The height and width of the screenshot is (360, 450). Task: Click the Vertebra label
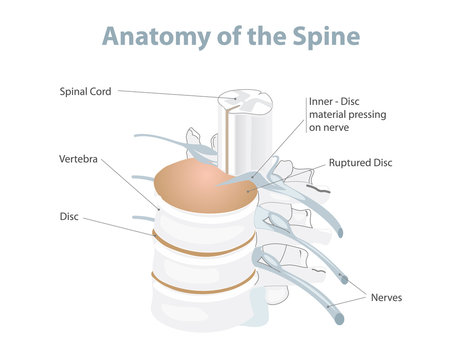(x=80, y=159)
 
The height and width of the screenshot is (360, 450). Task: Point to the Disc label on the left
(x=71, y=215)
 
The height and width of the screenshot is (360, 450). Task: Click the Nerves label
(x=387, y=297)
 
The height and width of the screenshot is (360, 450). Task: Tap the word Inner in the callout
(x=322, y=101)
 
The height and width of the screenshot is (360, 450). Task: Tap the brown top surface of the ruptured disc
(x=200, y=185)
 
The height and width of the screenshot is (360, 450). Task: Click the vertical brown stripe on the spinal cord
(x=238, y=135)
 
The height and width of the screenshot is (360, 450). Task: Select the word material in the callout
(x=328, y=114)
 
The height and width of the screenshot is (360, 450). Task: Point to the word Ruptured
(x=351, y=161)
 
